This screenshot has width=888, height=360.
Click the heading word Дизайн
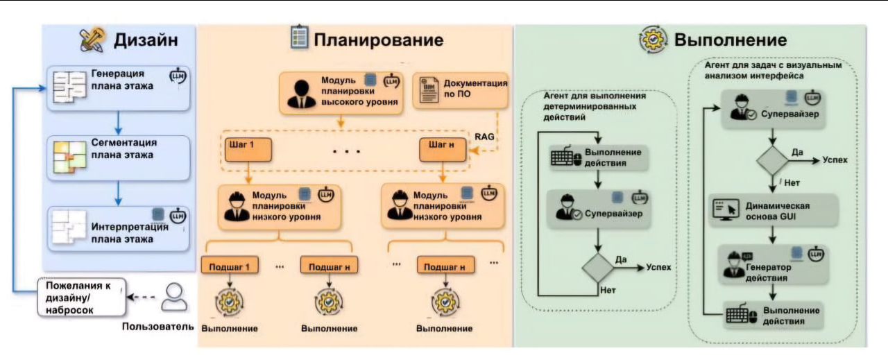pyautogui.click(x=146, y=40)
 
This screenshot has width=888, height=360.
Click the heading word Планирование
pyautogui.click(x=378, y=40)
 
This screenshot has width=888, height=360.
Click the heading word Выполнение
pyautogui.click(x=730, y=40)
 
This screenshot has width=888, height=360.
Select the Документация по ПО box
pyautogui.click(x=461, y=89)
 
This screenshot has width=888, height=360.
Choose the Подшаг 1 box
pyautogui.click(x=228, y=266)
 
